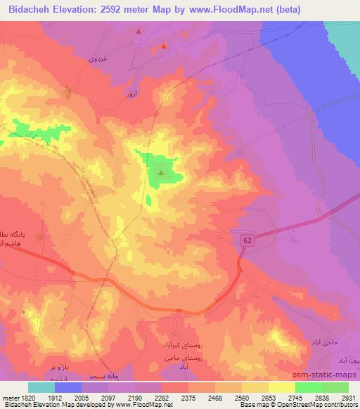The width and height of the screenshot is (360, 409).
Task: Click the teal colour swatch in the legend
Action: coord(41,387)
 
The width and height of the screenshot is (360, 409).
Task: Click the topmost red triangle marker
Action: coord(139,32)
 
